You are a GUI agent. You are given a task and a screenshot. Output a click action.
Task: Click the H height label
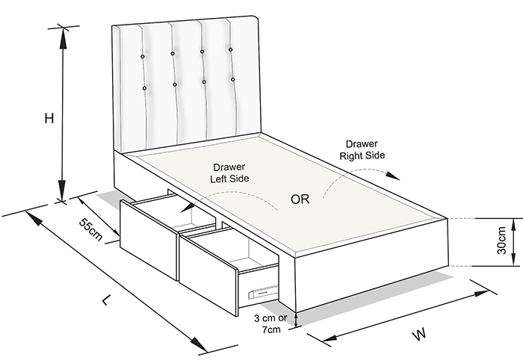49,119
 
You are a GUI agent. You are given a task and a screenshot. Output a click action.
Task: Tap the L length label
107,300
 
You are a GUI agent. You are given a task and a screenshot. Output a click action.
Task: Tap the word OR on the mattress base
301,199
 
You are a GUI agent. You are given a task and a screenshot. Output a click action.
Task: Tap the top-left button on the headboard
142,56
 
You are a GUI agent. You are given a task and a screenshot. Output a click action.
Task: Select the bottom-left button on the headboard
144,88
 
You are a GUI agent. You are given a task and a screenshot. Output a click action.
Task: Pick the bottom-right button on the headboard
233,79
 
